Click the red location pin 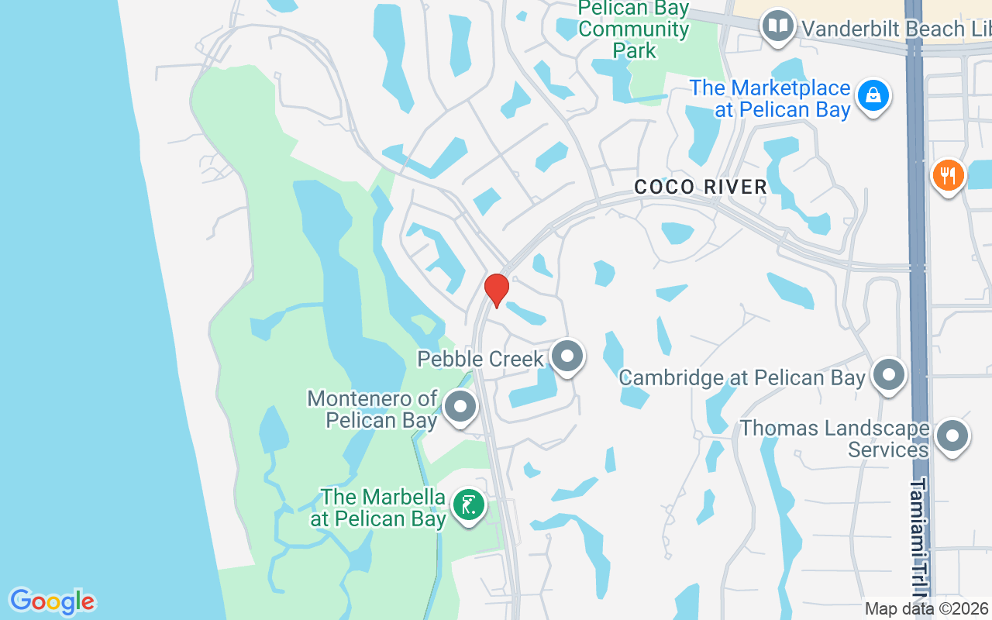point(496,289)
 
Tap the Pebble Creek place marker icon point(567,357)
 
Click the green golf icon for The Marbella point(468,506)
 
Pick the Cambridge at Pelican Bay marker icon point(888,375)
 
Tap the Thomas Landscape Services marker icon point(952,437)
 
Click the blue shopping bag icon point(873,96)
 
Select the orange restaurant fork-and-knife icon point(947,175)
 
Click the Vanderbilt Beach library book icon point(777,26)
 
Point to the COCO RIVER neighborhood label point(701,187)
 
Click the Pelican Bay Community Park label point(634,29)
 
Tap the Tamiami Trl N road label point(919,542)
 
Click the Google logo point(52,601)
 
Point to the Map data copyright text point(927,608)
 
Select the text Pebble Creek point(480,359)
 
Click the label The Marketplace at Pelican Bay point(770,98)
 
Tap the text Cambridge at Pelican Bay point(742,377)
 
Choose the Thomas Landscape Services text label point(834,439)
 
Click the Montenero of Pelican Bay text point(372,409)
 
